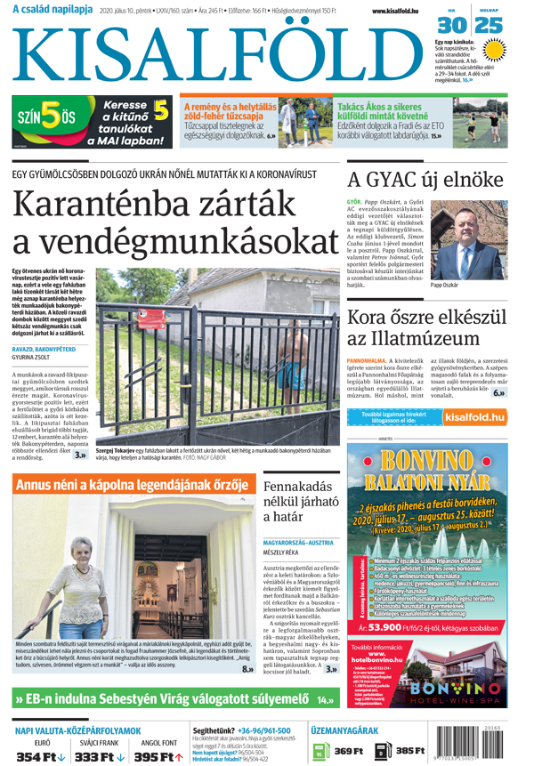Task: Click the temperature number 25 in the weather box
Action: pos(491,25)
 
